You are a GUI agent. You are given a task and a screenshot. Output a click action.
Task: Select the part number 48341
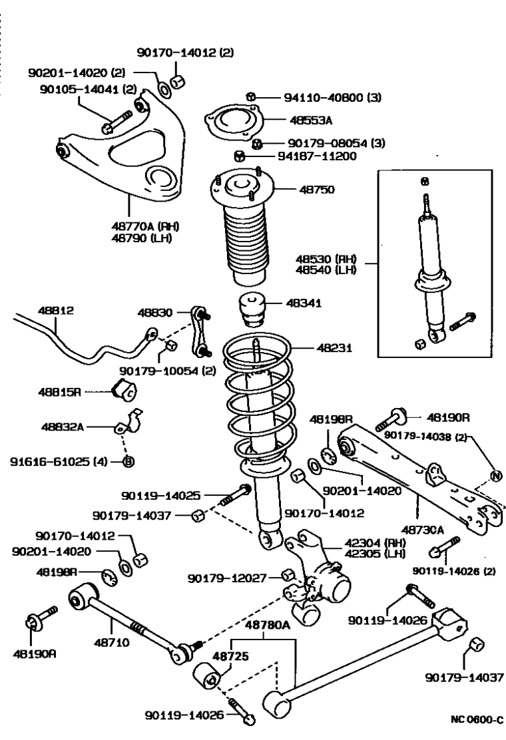pyautogui.click(x=304, y=303)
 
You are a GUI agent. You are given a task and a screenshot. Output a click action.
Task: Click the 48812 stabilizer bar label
pyautogui.click(x=38, y=311)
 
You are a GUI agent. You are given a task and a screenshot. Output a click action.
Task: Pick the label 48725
pyautogui.click(x=230, y=655)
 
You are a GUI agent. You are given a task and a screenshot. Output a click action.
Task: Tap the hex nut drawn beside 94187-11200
pyautogui.click(x=241, y=157)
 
